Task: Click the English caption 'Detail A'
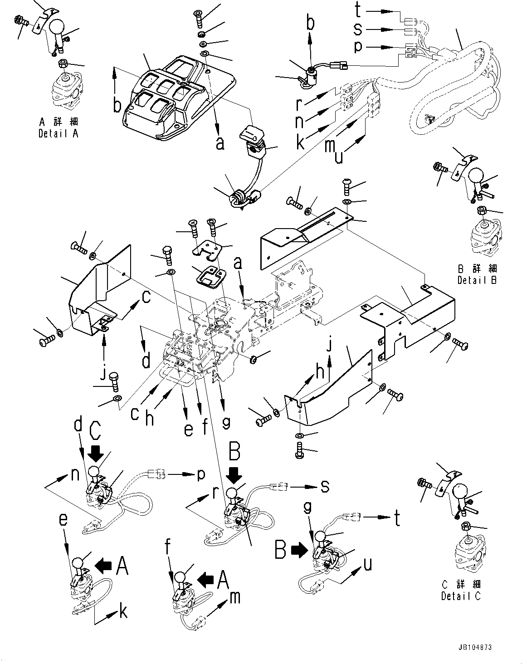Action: [x=58, y=134]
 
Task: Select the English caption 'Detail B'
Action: [x=477, y=280]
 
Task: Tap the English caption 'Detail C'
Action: [x=461, y=596]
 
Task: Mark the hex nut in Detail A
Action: [x=64, y=62]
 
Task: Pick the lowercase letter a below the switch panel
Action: [x=220, y=143]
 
